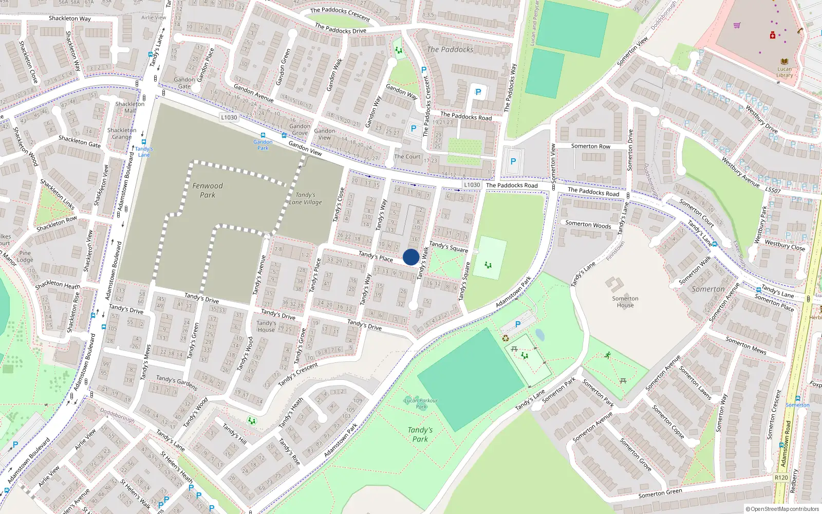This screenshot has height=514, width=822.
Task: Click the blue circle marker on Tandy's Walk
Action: [411, 257]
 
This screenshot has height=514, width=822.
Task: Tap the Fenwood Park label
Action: [208, 190]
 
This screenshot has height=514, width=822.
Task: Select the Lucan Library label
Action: [784, 72]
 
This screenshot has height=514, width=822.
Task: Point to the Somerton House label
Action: [625, 302]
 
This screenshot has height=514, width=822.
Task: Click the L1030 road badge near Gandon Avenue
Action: [229, 117]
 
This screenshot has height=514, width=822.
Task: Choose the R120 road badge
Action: [781, 478]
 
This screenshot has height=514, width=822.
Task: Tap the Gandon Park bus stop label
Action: [263, 145]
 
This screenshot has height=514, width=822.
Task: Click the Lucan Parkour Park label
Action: [421, 403]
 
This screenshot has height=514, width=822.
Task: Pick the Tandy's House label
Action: [266, 326]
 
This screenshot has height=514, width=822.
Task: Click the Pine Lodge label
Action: [25, 256]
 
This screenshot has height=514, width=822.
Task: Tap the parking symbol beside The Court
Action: [413, 128]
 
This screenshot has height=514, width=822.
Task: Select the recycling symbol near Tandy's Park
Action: [506, 338]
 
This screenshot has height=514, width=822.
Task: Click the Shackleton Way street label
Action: [69, 19]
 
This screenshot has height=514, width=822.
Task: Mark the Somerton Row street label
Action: [591, 146]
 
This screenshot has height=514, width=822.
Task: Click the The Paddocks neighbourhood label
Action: [450, 49]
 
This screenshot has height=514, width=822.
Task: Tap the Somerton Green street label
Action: [660, 493]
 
